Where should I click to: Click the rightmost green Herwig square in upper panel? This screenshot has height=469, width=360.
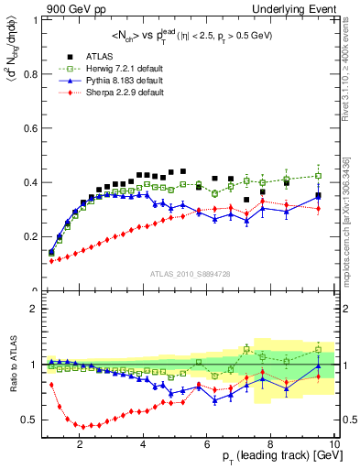318,176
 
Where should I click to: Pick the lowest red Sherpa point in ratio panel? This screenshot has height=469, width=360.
83,426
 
